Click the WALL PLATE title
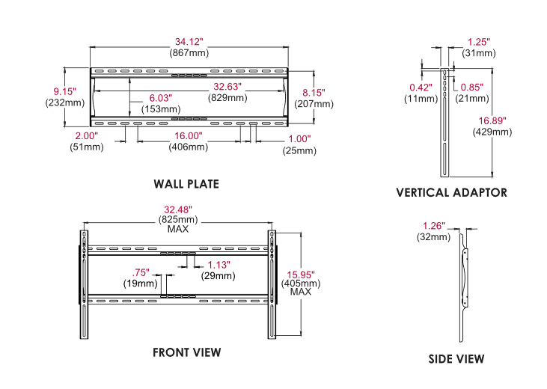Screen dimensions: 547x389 (186, 184)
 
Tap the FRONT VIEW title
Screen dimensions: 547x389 (186, 352)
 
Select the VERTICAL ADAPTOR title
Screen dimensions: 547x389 (451, 192)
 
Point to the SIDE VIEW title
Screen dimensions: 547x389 (456, 359)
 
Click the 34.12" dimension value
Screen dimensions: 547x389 (189, 42)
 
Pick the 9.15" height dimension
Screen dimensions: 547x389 (64, 92)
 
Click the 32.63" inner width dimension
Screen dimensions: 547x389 (227, 87)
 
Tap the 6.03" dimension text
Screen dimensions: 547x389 (160, 98)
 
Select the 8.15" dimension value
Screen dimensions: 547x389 (314, 93)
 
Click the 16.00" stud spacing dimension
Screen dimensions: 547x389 (189, 135)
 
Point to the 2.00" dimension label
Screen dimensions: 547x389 (87, 135)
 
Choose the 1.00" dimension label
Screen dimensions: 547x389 (299, 139)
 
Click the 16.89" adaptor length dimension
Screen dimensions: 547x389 (492, 120)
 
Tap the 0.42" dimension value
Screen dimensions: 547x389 (421, 88)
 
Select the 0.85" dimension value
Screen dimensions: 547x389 (472, 88)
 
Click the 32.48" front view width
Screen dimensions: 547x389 (178, 209)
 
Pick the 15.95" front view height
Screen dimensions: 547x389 (301, 275)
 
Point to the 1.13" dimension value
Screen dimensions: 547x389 (219, 265)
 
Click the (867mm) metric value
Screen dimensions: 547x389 (189, 53)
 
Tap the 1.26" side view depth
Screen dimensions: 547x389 (434, 226)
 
